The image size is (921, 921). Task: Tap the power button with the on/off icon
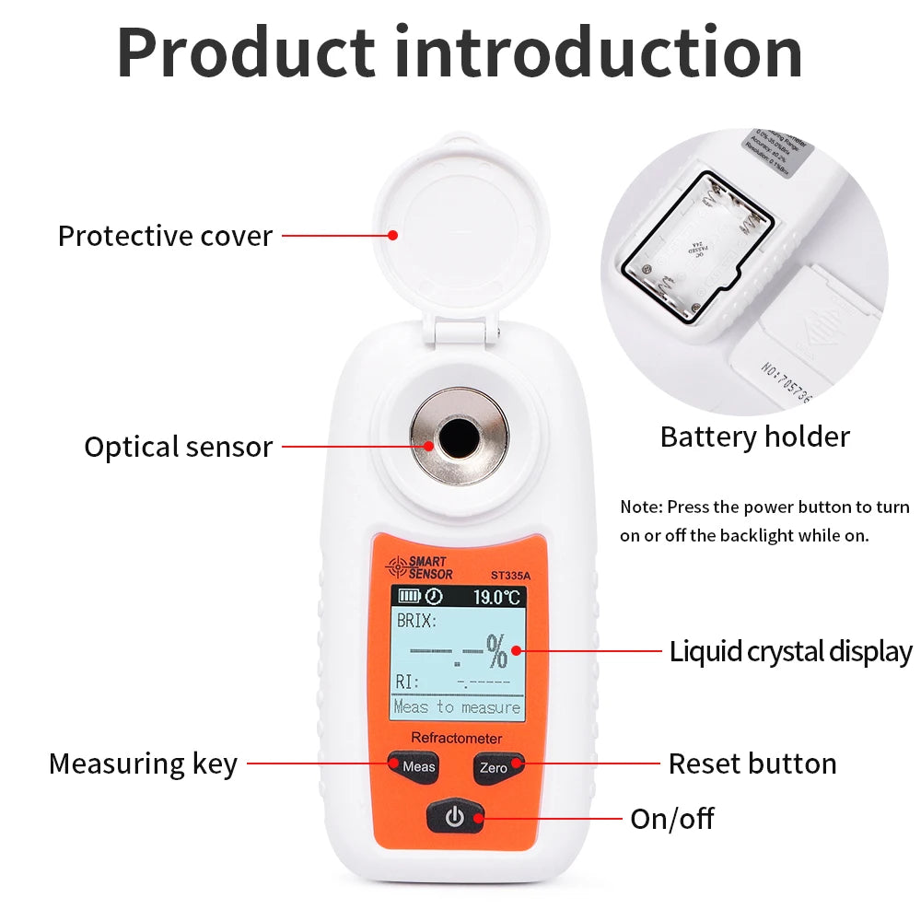pos(455,816)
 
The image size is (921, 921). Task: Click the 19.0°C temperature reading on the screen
pos(496,597)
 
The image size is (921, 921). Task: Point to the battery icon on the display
pos(408,597)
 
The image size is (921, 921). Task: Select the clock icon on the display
pos(433,597)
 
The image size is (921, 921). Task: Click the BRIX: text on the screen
pos(416,621)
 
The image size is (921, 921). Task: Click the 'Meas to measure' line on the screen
pos(457,707)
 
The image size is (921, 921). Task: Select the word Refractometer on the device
pos(456,738)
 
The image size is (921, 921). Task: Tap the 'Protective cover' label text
pos(165,236)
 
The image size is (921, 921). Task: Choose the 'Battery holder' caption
pos(754,437)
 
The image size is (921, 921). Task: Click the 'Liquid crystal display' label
pos(790,651)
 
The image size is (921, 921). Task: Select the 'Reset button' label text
pos(752,764)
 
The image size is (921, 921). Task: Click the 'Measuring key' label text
pos(143,764)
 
